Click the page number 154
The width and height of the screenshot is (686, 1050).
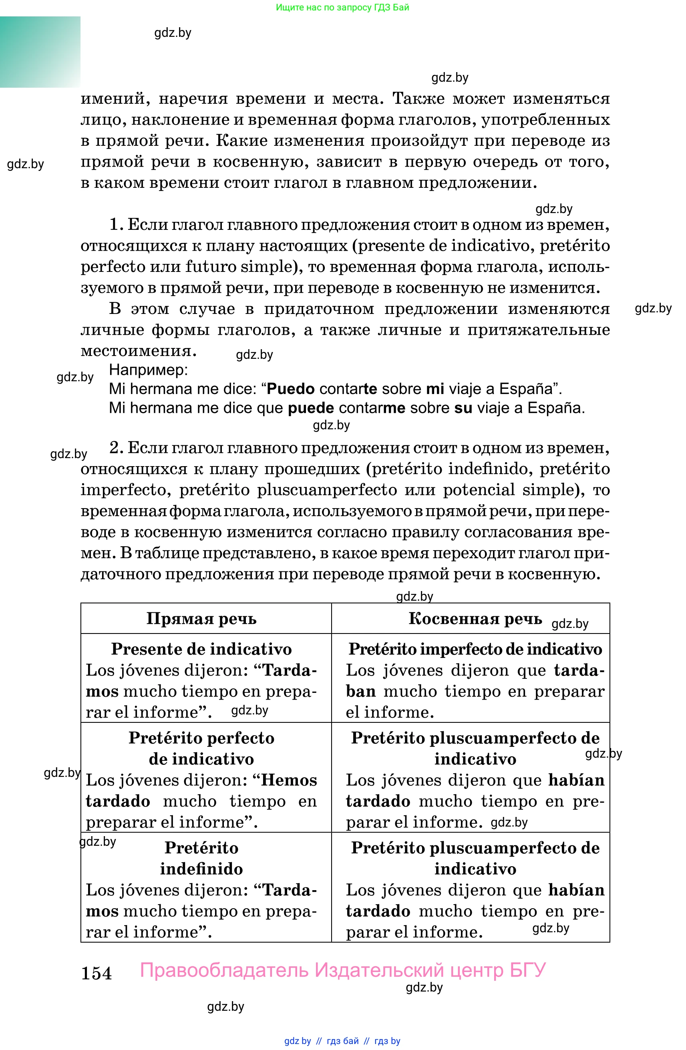pyautogui.click(x=96, y=973)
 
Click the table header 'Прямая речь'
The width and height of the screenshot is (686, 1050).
pyautogui.click(x=201, y=619)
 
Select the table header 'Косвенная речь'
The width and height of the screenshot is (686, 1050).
pyautogui.click(x=475, y=619)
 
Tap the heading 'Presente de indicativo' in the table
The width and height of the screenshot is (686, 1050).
pyautogui.click(x=201, y=649)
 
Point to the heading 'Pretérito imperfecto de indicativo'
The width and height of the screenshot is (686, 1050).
pyautogui.click(x=475, y=649)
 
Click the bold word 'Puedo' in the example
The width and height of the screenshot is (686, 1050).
pyautogui.click(x=291, y=389)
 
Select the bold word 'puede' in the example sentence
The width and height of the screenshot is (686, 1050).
pyautogui.click(x=311, y=408)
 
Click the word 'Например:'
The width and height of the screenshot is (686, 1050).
pyautogui.click(x=148, y=370)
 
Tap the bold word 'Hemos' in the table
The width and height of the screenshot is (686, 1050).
pyautogui.click(x=289, y=780)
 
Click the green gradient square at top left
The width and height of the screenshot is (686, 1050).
pyautogui.click(x=40, y=52)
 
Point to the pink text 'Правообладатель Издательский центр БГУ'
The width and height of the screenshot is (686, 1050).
pyautogui.click(x=343, y=970)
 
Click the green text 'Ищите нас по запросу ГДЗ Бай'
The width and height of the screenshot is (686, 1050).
pyautogui.click(x=342, y=7)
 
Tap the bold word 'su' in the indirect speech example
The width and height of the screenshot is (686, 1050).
pyautogui.click(x=463, y=408)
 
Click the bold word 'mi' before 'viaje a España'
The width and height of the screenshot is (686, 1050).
pyautogui.click(x=435, y=389)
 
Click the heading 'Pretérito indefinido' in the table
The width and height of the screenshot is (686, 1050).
pyautogui.click(x=201, y=858)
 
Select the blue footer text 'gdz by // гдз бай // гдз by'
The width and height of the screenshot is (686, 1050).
pyautogui.click(x=342, y=1041)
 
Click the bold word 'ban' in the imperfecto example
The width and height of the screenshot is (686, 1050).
pyautogui.click(x=360, y=691)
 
